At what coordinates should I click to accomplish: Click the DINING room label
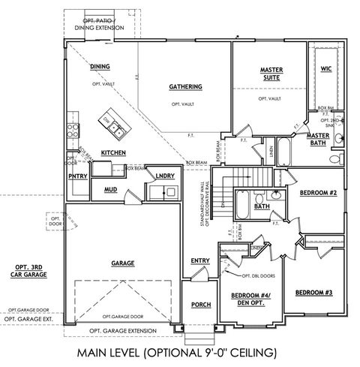coord(100,67)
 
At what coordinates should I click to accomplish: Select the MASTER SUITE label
coord(271,74)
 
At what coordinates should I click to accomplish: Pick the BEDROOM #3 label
coord(314,292)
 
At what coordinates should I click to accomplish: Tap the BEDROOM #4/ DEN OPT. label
coord(251,298)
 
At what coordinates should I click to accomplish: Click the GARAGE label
coord(122,264)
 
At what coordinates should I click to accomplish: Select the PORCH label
coord(200,305)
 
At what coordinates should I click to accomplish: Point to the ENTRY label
coord(200,260)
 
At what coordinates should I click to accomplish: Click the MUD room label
coord(111,189)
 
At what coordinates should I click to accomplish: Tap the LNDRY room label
coord(165,176)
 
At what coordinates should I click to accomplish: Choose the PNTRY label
coord(77,176)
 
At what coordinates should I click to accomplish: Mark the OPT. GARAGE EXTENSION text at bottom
coord(123,330)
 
